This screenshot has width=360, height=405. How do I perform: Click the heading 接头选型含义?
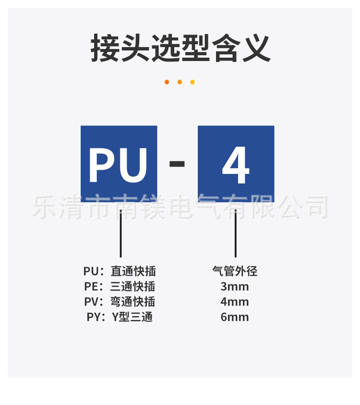pyautogui.click(x=180, y=48)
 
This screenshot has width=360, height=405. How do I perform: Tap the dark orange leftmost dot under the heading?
pyautogui.click(x=167, y=82)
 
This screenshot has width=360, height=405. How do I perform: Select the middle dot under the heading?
pyautogui.click(x=180, y=82)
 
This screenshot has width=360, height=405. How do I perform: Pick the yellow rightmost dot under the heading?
pyautogui.click(x=192, y=82)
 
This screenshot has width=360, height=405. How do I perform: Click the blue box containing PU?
pyautogui.click(x=119, y=164)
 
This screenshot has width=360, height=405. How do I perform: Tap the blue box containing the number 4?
pyautogui.click(x=236, y=164)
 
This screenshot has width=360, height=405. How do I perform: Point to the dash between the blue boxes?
pyautogui.click(x=177, y=164)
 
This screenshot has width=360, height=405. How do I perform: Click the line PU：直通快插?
pyautogui.click(x=120, y=271)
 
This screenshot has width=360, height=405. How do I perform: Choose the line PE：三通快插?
pyautogui.click(x=120, y=287)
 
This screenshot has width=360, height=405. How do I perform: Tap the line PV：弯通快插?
pyautogui.click(x=120, y=302)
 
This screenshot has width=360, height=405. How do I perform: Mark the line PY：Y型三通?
pyautogui.click(x=120, y=317)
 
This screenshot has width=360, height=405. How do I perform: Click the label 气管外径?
pyautogui.click(x=235, y=271)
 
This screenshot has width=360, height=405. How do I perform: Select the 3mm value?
pyautogui.click(x=235, y=287)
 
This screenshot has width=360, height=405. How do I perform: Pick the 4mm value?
pyautogui.click(x=235, y=302)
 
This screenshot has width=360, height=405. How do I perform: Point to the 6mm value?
pyautogui.click(x=235, y=317)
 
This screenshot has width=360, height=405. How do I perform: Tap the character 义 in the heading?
pyautogui.click(x=255, y=48)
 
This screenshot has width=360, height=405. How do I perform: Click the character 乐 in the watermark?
pyautogui.click(x=44, y=207)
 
